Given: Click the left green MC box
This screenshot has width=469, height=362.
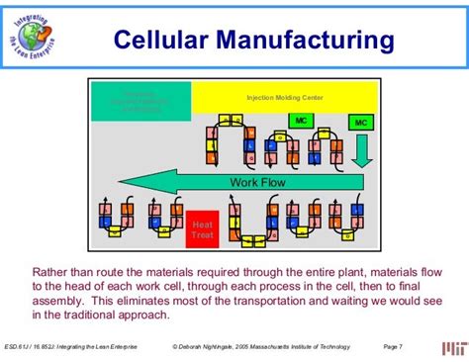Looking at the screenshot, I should coord(300,121).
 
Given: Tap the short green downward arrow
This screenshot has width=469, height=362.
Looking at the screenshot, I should coord(363,153).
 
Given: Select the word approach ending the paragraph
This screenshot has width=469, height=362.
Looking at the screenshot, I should coord(141,316).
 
